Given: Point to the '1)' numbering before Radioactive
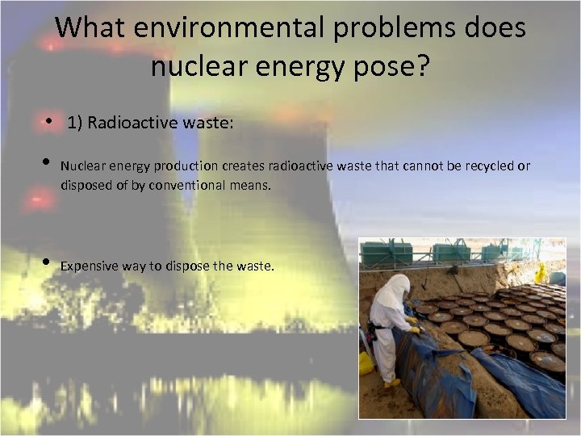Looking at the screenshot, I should click(x=75, y=123).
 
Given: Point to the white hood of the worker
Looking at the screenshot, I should click(x=393, y=287).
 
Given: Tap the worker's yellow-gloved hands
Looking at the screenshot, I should click(x=412, y=325).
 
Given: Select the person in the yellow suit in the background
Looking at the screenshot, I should click(x=540, y=273).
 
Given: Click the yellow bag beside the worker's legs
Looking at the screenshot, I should click(x=367, y=363).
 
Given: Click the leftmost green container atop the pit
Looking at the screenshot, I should click(x=386, y=254).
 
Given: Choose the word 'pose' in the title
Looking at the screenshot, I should click(x=379, y=65).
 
